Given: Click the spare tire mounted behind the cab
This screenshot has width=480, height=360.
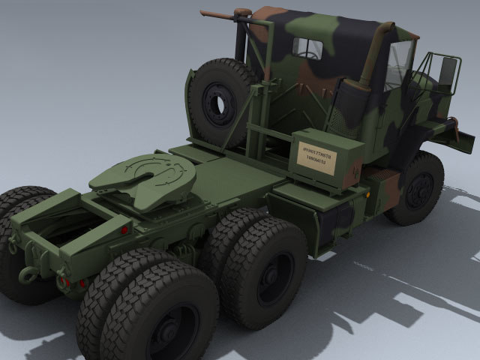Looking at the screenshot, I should coord(219,102).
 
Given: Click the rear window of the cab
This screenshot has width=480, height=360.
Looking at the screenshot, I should coord(307,49).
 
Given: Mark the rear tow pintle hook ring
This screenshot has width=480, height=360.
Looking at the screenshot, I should coord(28,275).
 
